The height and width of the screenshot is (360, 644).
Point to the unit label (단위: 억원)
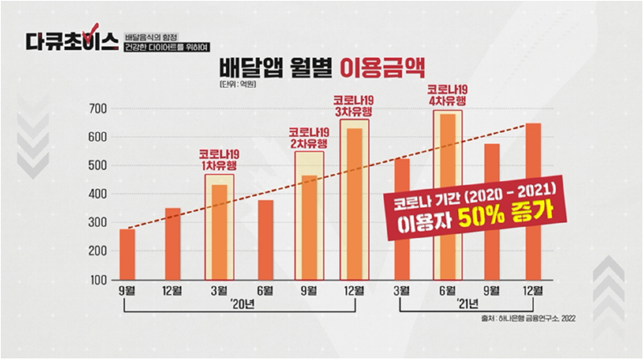(233, 85)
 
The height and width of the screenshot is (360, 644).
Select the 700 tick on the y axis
(97, 108)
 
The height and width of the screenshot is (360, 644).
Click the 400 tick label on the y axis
(97, 194)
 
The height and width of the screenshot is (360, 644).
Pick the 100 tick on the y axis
(97, 279)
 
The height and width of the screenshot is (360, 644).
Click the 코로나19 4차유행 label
(447, 95)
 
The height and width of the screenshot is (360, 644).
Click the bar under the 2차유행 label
(309, 228)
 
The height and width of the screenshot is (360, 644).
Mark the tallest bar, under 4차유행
(447, 197)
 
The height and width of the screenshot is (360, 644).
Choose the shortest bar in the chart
(127, 254)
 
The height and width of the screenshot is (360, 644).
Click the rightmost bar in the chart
(534, 201)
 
